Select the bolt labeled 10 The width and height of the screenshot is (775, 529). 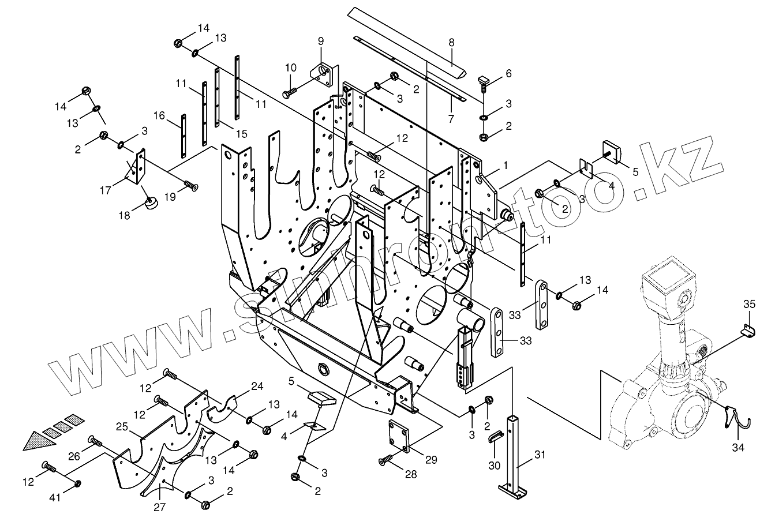click(290, 92)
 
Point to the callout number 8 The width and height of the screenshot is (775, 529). click(451, 43)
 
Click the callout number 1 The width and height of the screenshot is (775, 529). click(506, 166)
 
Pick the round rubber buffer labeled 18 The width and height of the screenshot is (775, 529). click(151, 202)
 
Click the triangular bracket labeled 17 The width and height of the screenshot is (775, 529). click(136, 167)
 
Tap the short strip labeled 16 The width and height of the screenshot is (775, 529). click(184, 136)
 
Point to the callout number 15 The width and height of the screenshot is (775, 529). click(241, 133)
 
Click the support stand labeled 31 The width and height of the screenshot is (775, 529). click(514, 457)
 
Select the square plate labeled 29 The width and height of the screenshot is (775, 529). click(399, 436)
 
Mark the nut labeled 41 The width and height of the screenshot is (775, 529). click(78, 483)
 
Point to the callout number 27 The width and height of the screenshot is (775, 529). click(159, 507)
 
